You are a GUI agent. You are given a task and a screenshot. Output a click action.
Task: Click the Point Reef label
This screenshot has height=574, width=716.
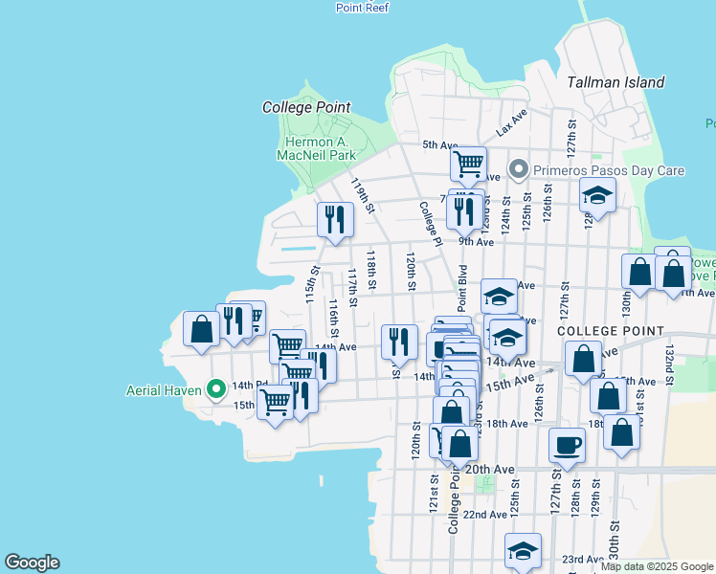click(x=362, y=7)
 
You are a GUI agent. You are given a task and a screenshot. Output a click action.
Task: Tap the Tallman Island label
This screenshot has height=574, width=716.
click(x=615, y=82)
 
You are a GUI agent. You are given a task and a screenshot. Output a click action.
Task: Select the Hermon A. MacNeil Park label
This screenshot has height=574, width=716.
click(x=316, y=147)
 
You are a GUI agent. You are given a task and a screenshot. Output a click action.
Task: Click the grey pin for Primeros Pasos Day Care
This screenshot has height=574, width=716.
click(x=519, y=170)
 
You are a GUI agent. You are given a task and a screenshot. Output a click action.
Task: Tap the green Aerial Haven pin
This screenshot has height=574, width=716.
click(x=216, y=388)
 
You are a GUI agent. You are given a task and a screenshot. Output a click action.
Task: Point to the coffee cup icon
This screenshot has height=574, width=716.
click(x=567, y=445)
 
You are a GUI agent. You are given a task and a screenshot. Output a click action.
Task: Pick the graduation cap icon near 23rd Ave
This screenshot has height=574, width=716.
click(x=523, y=551)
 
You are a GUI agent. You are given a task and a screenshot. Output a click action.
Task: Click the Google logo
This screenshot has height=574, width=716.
click(x=32, y=563)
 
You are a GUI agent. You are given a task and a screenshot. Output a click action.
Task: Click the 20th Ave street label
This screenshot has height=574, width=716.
click(x=490, y=469)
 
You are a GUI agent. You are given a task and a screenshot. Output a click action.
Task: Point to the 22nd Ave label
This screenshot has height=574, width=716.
click(x=484, y=515)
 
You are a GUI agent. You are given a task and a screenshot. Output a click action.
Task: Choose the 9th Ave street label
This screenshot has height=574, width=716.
click(x=475, y=242)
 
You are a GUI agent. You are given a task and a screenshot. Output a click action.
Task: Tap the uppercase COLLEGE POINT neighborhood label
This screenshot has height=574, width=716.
click(x=611, y=331)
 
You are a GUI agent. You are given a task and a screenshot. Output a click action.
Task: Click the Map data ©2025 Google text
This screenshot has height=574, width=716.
click(x=656, y=566)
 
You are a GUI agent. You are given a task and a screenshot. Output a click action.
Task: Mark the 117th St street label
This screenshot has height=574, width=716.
click(x=352, y=287)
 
